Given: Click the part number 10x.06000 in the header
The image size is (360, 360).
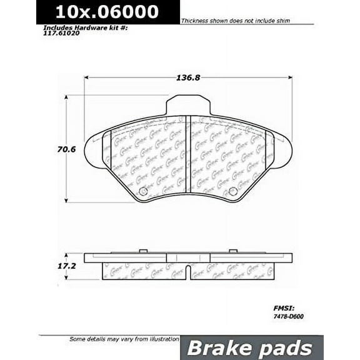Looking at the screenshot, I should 107,12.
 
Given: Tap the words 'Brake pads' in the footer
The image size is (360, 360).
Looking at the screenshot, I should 250,347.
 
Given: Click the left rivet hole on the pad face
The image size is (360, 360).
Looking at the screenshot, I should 142,191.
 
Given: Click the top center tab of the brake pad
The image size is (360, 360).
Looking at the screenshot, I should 187,104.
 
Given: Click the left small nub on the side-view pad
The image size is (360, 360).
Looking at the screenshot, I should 142,251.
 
